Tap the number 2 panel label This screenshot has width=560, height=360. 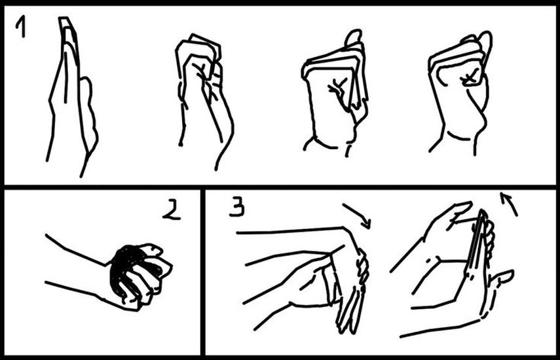(x=172, y=209)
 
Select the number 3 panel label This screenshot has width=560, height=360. (x=237, y=207)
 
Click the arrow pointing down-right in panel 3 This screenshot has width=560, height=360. (x=358, y=215)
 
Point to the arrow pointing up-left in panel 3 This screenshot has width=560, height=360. (x=508, y=204)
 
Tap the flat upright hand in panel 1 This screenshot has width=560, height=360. (x=71, y=96)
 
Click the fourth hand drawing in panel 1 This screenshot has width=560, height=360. (x=459, y=93)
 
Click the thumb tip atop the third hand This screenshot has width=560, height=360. (x=354, y=37)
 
